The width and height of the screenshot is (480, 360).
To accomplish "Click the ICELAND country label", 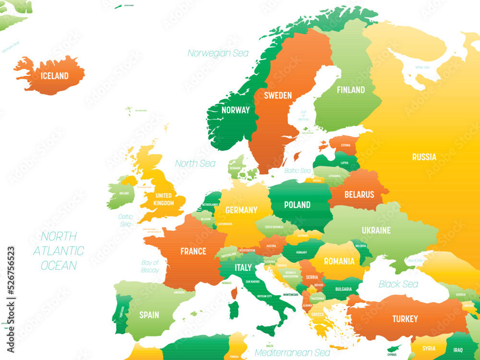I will (54, 76).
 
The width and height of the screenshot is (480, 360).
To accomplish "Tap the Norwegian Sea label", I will (218, 53).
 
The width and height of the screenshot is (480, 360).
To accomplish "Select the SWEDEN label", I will (277, 96).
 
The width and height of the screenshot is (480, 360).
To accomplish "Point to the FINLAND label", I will (350, 90).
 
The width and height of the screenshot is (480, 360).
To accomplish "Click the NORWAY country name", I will (235, 110).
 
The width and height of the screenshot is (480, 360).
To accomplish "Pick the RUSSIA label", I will (424, 157).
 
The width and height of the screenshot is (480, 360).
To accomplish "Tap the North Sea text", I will (195, 163).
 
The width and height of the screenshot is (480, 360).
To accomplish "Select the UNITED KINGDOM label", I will (164, 199).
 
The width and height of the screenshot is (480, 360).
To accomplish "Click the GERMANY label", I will (241, 210).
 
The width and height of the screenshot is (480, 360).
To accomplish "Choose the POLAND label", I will (297, 204).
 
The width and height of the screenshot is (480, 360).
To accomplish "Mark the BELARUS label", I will (359, 194).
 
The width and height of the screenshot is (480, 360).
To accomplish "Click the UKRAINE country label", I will (376, 230).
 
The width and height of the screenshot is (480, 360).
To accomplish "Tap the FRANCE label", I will (193, 251).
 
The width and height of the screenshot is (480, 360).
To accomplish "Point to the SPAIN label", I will (149, 315).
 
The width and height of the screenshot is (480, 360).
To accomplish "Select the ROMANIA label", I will (339, 262).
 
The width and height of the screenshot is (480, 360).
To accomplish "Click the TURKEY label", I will (405, 319).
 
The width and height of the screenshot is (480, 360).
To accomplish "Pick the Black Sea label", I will (398, 284).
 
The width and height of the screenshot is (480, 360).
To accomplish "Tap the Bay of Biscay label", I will (150, 266).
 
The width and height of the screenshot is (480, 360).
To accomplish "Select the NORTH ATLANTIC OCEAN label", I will (59, 251).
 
